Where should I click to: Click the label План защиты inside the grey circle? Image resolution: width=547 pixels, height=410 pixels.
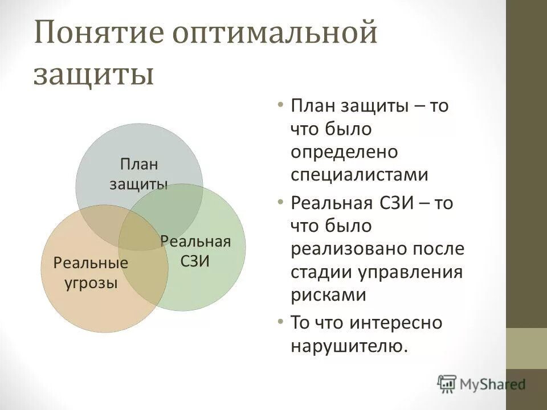coord(138,174)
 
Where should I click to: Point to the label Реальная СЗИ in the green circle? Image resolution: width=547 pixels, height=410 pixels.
coord(195,251)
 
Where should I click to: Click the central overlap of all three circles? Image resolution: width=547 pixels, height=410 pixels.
coord(142,231)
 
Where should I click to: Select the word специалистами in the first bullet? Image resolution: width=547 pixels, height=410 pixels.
coord(359,174)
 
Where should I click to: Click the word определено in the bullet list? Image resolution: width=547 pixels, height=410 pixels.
coord(343,151)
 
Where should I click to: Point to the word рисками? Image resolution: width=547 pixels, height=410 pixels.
coord(327,294)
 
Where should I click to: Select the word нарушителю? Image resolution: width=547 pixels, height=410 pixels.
coord(349,346)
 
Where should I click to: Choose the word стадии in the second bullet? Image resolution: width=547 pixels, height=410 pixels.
coord(321,272)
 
